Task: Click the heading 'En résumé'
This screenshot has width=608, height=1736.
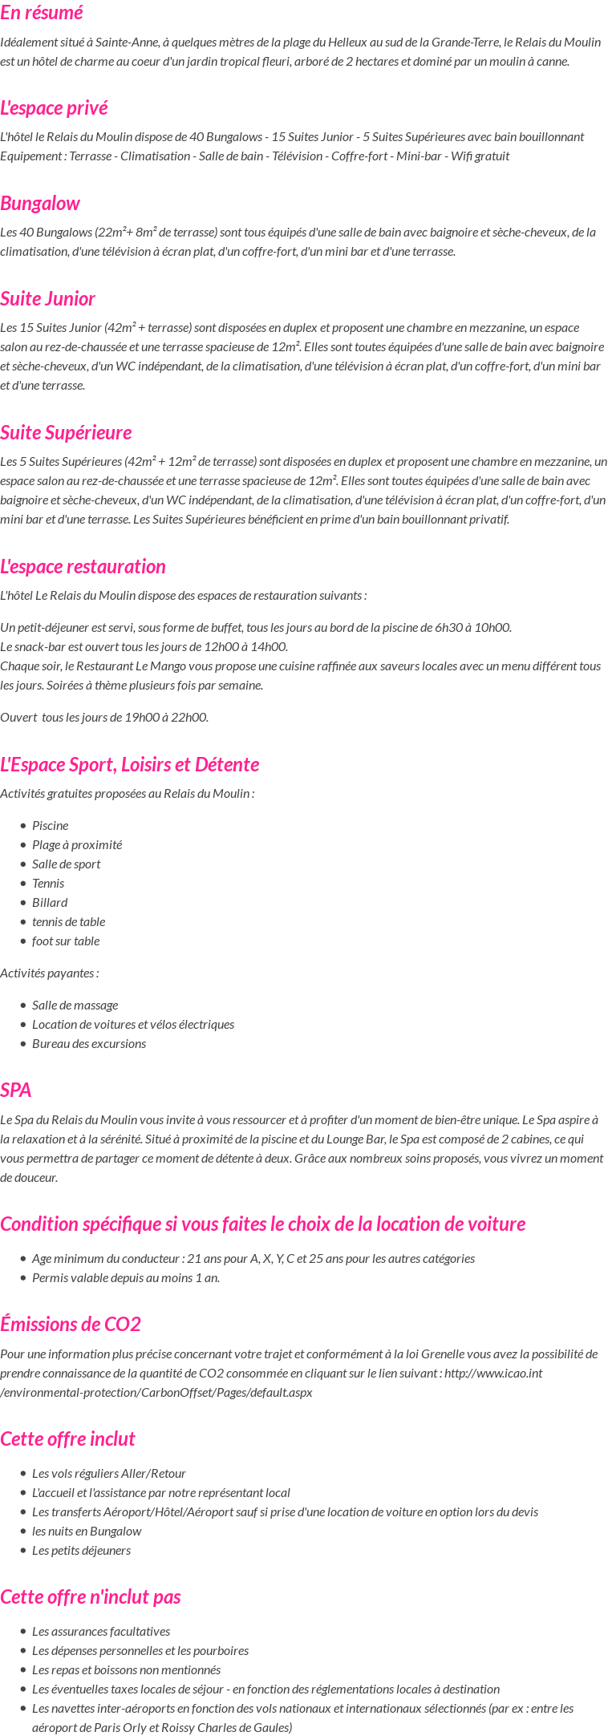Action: click(x=42, y=13)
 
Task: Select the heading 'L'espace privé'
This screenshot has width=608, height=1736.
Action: click(x=54, y=108)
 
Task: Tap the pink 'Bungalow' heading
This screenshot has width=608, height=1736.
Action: click(x=40, y=204)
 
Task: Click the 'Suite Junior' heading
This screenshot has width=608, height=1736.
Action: click(x=47, y=299)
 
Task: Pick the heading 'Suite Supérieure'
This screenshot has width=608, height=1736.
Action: click(x=66, y=433)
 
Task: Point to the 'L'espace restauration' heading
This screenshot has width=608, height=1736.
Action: click(x=83, y=567)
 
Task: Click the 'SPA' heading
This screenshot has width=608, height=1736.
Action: click(x=16, y=1091)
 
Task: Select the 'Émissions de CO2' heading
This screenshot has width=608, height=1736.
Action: click(x=71, y=1325)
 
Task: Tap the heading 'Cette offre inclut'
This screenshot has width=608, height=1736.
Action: click(x=67, y=1439)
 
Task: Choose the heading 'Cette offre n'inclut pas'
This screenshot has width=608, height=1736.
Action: click(x=91, y=1597)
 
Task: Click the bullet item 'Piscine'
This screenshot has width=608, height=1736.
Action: click(x=50, y=826)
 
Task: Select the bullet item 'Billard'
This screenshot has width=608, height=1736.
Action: click(x=50, y=903)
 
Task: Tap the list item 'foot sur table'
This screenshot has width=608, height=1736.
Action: click(x=66, y=941)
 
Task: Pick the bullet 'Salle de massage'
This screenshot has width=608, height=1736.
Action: click(x=75, y=1006)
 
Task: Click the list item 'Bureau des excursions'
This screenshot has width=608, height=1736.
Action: click(x=89, y=1044)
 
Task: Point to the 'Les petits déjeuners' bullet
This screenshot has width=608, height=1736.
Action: click(x=81, y=1551)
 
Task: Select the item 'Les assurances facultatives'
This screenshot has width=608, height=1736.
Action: click(x=101, y=1632)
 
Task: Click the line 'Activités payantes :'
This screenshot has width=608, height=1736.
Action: click(x=50, y=973)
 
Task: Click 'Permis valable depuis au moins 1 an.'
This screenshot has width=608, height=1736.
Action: click(x=126, y=1278)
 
